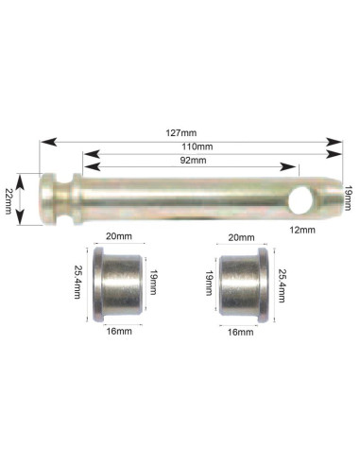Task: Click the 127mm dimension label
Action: (181, 133)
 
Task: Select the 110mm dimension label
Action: (197, 146)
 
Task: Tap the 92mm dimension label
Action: (193, 161)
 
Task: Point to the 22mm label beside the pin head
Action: (9, 201)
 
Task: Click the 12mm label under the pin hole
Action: (302, 230)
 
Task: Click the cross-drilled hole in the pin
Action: (300, 199)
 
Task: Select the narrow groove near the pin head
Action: (64, 198)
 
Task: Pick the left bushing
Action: (118, 284)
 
